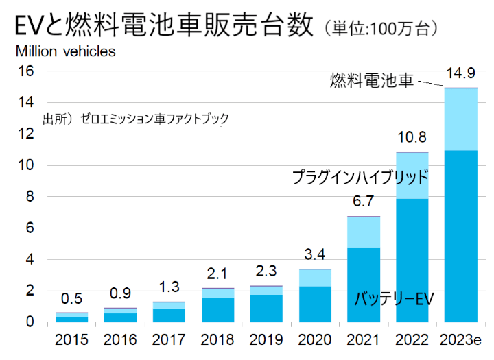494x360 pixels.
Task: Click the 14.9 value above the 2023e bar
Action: [460, 73]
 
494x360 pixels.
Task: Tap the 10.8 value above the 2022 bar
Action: [412, 136]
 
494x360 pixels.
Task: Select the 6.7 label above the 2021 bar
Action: [363, 201]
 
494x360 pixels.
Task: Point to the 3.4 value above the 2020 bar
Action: [315, 255]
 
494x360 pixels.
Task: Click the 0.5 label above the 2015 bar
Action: [71, 299]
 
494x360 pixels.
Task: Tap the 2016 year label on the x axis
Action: [120, 340]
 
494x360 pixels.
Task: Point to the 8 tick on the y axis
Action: [30, 197]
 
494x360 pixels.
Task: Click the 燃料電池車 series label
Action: [371, 81]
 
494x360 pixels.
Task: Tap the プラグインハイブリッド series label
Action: [360, 178]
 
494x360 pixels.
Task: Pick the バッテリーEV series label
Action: [395, 299]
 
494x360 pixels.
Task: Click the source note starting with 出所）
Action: [136, 119]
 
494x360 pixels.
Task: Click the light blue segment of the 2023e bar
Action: [460, 119]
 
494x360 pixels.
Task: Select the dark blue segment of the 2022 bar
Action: [412, 260]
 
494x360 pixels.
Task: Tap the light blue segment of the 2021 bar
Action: [363, 232]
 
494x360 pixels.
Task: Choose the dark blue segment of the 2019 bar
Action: [266, 308]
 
